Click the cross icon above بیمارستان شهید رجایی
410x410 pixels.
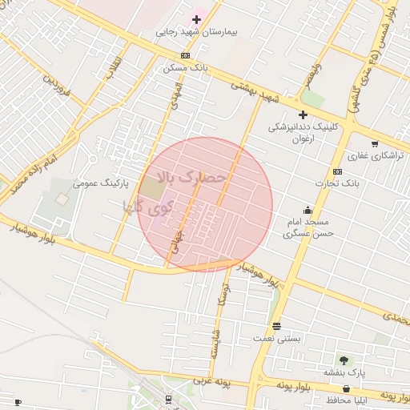[x=196, y=18]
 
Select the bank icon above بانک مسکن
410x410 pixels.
[x=186, y=55]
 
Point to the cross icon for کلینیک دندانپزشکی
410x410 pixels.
[x=303, y=115]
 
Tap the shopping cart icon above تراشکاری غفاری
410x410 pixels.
[x=375, y=143]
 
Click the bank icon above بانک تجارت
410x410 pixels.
[x=337, y=171]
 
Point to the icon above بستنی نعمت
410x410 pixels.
[x=277, y=326]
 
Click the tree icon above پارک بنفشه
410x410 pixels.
[x=344, y=360]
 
